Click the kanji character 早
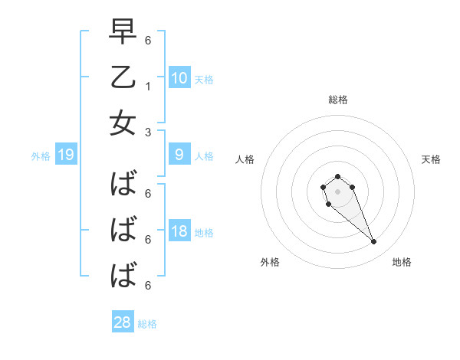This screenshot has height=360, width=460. point(123,32)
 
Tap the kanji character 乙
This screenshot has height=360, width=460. point(123,77)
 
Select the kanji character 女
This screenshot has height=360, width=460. point(123,123)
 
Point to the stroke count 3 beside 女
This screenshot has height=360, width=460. point(147,132)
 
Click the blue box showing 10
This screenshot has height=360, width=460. point(179,77)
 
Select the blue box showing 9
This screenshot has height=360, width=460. point(179,155)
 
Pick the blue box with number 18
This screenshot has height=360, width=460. point(179,231)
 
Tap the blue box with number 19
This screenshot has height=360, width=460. point(66,155)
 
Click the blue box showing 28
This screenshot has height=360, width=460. point(123,322)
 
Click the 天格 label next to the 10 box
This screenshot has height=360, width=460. point(204,79)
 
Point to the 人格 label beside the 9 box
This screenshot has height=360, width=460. point(204,156)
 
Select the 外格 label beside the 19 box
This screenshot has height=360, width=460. point(41,156)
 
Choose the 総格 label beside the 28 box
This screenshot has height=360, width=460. point(147,324)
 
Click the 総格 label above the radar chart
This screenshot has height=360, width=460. point(337,100)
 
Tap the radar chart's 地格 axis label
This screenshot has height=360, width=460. point(402,263)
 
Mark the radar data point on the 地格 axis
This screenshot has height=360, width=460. point(374,242)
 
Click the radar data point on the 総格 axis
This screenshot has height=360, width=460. point(337,177)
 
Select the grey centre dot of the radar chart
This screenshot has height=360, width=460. point(337,191)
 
